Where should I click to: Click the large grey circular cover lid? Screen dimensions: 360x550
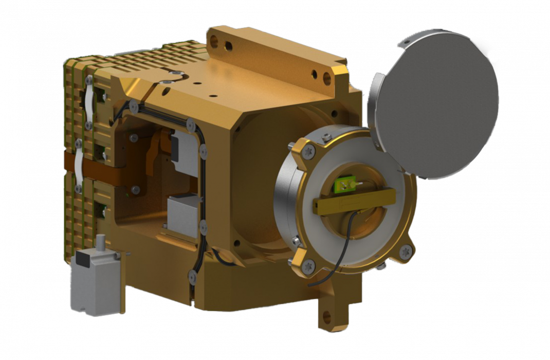[437, 103]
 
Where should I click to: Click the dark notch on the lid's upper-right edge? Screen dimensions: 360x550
[494, 64]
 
